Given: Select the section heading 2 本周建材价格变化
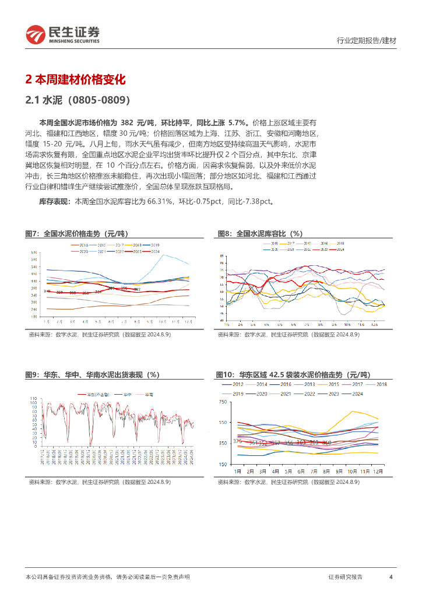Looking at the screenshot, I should click(x=76, y=80).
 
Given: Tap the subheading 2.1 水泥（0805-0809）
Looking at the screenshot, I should click(x=78, y=100).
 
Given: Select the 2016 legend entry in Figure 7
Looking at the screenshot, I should click(x=82, y=245).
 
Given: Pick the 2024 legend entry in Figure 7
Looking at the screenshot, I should click(x=154, y=251).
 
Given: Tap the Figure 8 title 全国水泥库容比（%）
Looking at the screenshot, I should click(x=261, y=233).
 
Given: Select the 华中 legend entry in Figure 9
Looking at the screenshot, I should click(x=126, y=394).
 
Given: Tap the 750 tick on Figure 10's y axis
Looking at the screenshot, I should click(x=223, y=402).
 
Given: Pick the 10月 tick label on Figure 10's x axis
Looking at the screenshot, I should click(x=351, y=470).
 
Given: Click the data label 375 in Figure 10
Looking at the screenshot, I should click(x=237, y=441).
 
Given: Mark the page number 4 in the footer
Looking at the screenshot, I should click(x=390, y=577).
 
